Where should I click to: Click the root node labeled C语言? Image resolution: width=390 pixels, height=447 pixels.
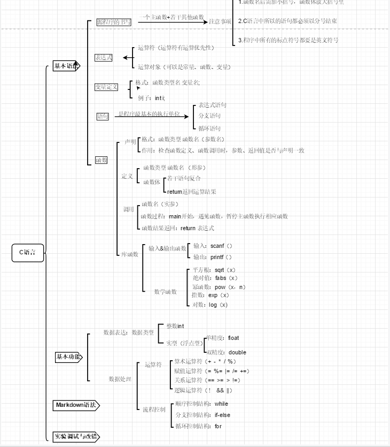[x=28, y=253]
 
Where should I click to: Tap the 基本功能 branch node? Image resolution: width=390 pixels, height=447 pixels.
[x=69, y=357]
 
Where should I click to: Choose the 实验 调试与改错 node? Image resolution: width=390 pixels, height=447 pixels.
[x=76, y=436]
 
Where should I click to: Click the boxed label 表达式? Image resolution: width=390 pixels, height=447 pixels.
[x=104, y=58]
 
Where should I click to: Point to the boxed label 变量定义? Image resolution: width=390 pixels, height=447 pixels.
[x=106, y=87]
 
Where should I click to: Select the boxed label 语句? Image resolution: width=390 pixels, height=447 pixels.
[x=103, y=116]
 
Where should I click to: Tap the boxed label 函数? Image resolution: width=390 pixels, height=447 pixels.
[x=101, y=160]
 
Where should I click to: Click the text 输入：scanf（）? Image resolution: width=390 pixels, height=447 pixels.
[x=213, y=246]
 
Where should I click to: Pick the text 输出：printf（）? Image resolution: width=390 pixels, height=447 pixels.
[x=213, y=257]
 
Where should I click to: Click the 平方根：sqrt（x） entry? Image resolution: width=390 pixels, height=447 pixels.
[x=214, y=270]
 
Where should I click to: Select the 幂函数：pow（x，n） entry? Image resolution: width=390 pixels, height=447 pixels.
[x=219, y=287]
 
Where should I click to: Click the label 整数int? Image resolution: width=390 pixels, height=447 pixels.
[x=175, y=325]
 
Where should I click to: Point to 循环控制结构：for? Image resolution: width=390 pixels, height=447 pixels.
[x=198, y=426]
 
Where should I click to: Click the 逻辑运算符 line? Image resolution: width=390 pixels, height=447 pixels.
[x=204, y=390]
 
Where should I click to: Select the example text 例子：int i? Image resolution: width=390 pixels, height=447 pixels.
[x=151, y=98]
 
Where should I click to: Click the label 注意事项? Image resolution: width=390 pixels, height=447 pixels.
[x=220, y=22]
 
